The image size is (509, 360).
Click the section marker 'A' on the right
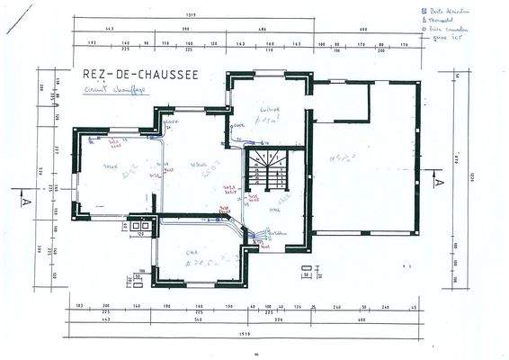point(438,180)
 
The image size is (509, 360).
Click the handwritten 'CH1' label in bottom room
point(190,254)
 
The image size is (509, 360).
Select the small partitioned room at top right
point(340,102)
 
